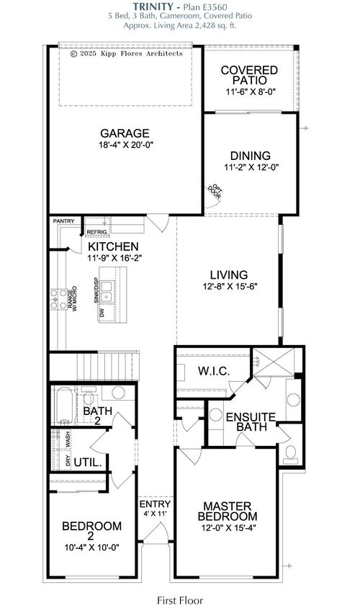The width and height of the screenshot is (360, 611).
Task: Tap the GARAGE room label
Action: pyautogui.click(x=125, y=133)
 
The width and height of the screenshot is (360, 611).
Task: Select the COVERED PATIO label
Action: pyautogui.click(x=250, y=76)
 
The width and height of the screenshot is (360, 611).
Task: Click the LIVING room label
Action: pyautogui.click(x=229, y=275)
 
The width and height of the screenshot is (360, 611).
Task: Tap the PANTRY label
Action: pyautogui.click(x=63, y=220)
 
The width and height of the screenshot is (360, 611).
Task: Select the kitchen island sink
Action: pyautogui.click(x=107, y=291)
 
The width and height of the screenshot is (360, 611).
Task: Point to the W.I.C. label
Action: pyautogui.click(x=212, y=371)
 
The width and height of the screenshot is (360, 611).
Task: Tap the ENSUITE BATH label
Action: pyautogui.click(x=251, y=422)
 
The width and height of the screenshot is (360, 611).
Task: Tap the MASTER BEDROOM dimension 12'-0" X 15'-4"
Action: pyautogui.click(x=230, y=528)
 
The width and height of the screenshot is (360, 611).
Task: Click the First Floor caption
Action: pyautogui.click(x=180, y=599)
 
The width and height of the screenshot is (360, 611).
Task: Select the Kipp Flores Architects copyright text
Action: pyautogui.click(x=127, y=53)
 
